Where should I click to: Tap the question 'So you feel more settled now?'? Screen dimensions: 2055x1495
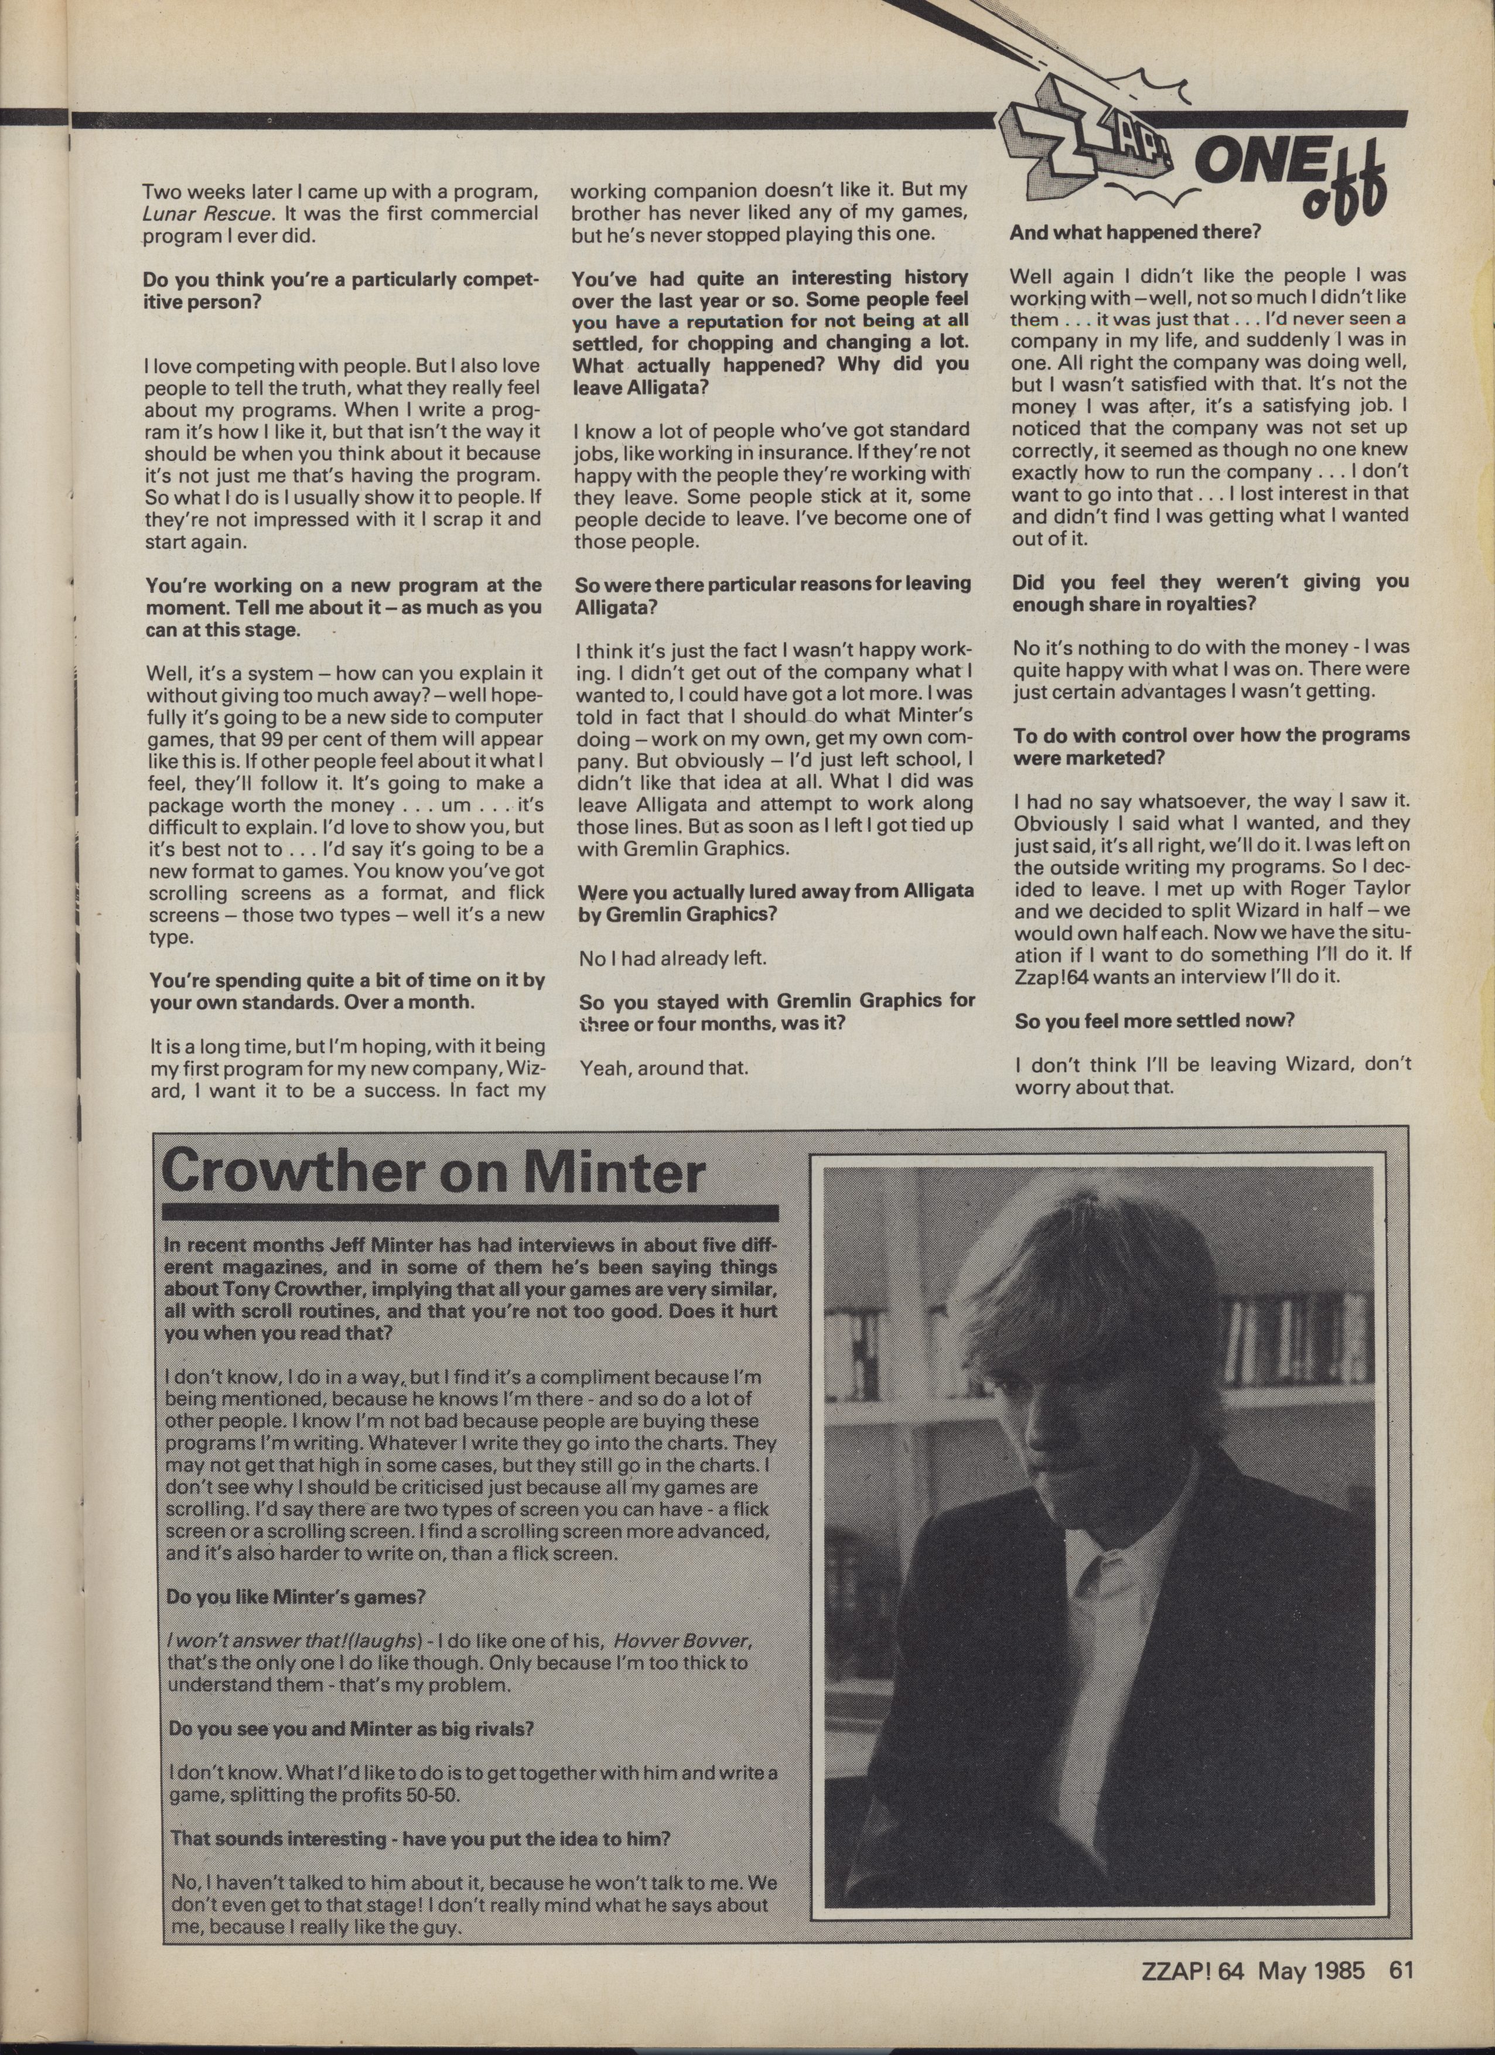click(x=1154, y=1020)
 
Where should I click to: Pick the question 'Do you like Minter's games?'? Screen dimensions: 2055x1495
click(x=295, y=1596)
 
